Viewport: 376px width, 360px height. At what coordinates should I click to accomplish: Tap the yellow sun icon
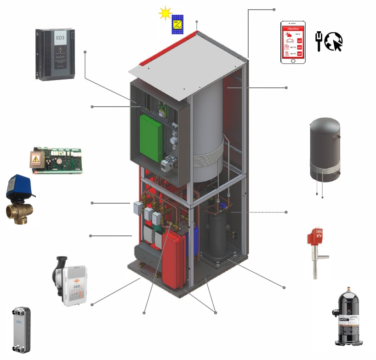165,13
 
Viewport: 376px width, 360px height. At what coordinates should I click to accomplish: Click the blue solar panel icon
177,25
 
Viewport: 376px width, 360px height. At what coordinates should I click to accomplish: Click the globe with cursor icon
334,41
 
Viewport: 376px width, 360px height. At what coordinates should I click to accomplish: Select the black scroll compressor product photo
350,317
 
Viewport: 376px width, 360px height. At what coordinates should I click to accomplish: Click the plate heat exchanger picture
19,330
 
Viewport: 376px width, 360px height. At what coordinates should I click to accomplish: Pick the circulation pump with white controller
71,281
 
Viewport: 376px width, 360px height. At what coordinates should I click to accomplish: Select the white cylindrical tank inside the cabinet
207,138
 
